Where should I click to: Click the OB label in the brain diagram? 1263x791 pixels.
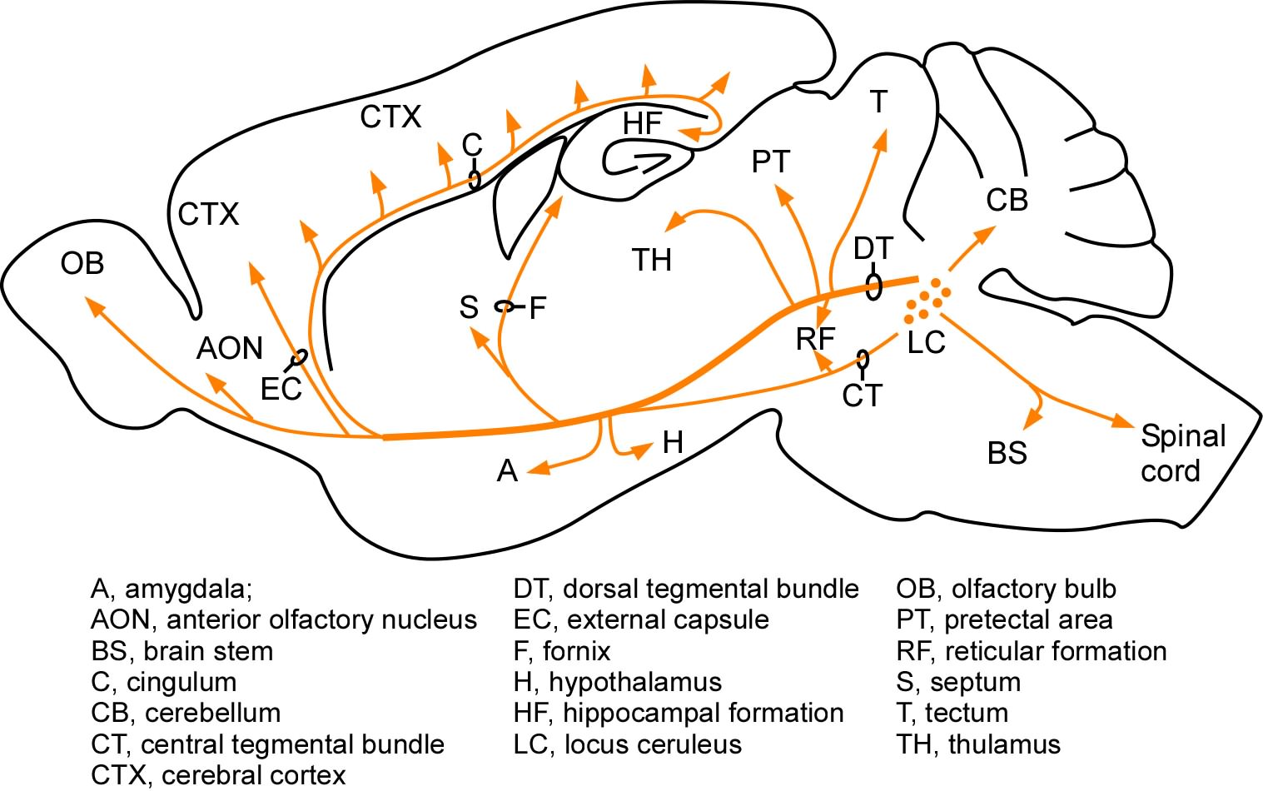coord(82,264)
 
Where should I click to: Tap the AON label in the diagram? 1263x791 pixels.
coord(229,348)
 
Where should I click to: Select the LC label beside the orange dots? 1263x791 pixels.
coord(926,342)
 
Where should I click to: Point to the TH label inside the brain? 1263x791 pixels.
coord(651,261)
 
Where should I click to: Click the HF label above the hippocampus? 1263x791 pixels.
coord(642,124)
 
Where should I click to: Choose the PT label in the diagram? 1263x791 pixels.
coord(770,162)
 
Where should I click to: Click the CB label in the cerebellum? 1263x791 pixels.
coord(1007,201)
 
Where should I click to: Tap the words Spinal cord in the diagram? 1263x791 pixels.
coord(1182,453)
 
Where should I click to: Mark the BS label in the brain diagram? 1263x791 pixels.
coord(1007,454)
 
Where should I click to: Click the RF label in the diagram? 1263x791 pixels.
coord(815,340)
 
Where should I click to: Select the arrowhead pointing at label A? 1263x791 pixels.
coord(538,469)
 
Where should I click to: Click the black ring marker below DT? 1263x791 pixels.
coord(873,286)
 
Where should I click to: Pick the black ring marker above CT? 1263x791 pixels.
coord(863,360)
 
